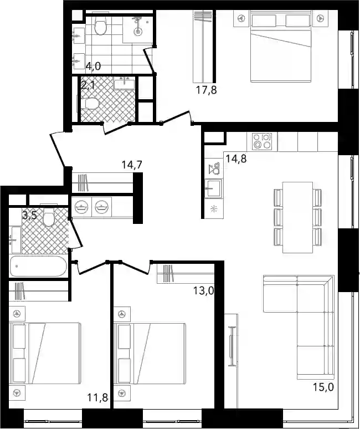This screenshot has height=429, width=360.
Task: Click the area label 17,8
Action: coord(207,90)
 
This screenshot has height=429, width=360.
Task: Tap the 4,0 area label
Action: coord(93,66)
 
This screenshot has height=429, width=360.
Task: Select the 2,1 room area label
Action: coord(88,85)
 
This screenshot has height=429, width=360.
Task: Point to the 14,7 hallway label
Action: coord(132,165)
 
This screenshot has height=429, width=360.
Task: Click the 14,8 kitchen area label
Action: coord(236,159)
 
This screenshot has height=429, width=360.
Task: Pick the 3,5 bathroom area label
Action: coord(29,216)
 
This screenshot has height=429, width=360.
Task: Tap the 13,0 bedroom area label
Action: coord(204,290)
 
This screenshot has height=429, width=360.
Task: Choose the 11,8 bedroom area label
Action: coord(97,397)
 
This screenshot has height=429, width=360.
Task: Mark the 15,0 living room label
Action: coord(323,387)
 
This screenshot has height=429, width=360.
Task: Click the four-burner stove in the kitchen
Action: coord(262,141)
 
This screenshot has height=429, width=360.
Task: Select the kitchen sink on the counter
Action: coord(213,188)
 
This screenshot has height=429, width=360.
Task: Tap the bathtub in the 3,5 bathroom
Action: coord(38,266)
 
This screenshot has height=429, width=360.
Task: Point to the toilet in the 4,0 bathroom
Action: coord(100,25)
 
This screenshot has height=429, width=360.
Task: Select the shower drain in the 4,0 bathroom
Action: coord(138,32)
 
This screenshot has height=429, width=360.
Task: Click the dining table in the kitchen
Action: coord(297,217)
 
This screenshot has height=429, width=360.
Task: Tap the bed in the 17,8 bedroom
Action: coord(281,45)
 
